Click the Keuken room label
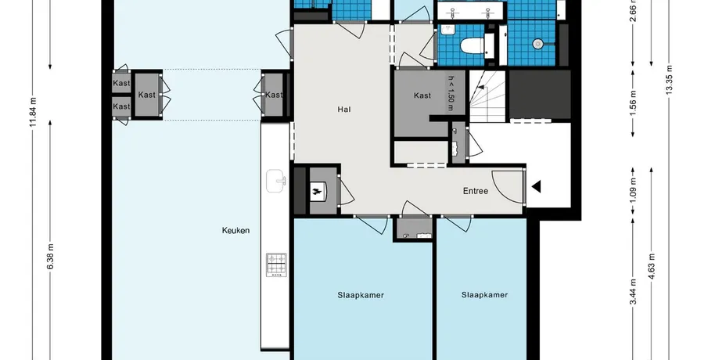click(x=235, y=230)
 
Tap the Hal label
click(x=344, y=110)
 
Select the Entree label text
click(x=476, y=191)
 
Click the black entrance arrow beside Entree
click(x=536, y=186)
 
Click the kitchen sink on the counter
click(x=275, y=181)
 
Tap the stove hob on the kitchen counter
click(x=276, y=265)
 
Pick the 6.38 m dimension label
click(x=51, y=257)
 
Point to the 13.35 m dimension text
click(x=669, y=80)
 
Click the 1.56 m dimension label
click(x=633, y=103)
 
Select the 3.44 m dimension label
click(x=633, y=292)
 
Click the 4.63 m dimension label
click(x=651, y=267)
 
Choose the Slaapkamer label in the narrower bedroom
click(x=484, y=295)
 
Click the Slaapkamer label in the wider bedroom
click(x=361, y=295)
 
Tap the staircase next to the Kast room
click(x=487, y=97)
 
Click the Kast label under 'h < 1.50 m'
click(x=422, y=95)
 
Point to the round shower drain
click(x=537, y=44)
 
